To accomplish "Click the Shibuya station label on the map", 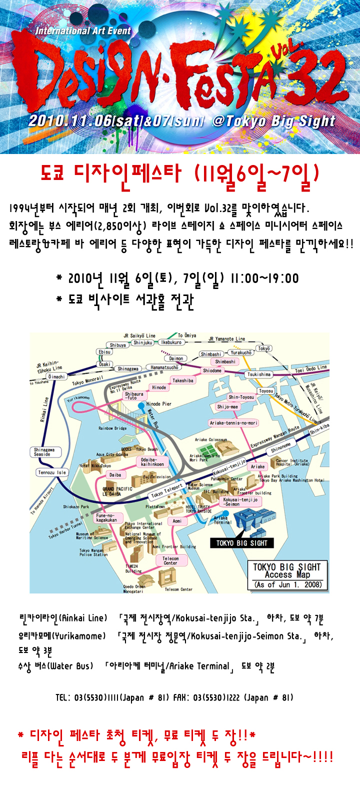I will click(118, 345).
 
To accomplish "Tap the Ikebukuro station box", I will click(171, 342).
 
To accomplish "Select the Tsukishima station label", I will click(259, 374).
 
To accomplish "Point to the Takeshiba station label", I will click(183, 380).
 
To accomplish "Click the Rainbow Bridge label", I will click(112, 428).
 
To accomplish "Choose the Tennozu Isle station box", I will click(52, 472).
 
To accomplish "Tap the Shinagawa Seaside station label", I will click(44, 452).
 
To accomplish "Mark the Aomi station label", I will click(177, 521).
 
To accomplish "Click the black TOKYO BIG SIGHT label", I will click(242, 543).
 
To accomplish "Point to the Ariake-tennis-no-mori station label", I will click(233, 423).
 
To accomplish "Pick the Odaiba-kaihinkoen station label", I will click(152, 461).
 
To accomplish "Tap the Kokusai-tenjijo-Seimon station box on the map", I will click(241, 501).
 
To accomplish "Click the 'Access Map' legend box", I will click(287, 575).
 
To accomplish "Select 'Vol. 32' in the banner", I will click(310, 75).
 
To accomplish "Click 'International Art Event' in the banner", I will click(83, 31).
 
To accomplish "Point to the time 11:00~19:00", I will click(265, 278).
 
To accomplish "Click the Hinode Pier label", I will click(159, 404).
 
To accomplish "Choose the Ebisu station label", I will click(104, 352).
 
